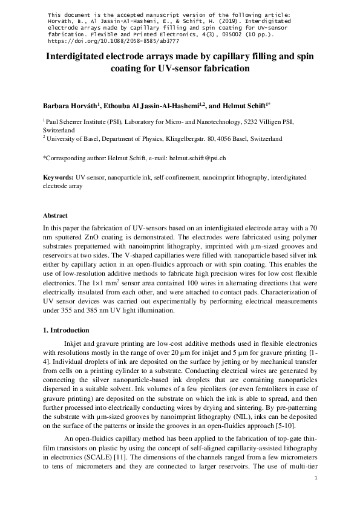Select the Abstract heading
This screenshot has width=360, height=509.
[56, 216]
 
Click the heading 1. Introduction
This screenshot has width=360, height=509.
[67, 331]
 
